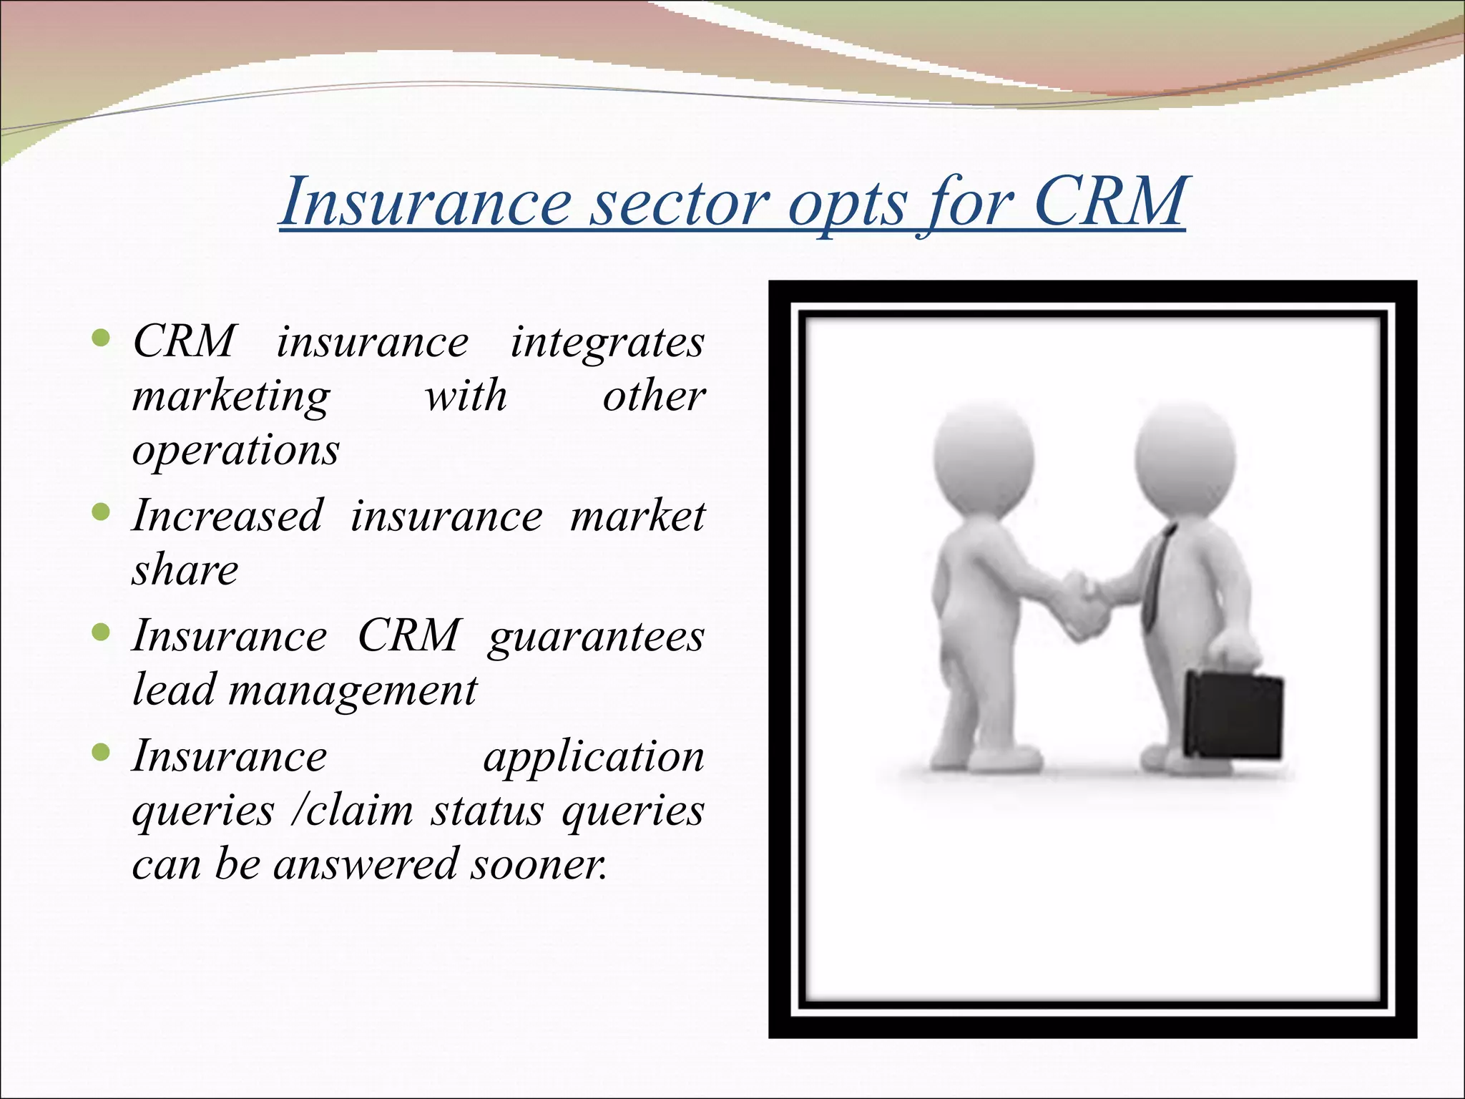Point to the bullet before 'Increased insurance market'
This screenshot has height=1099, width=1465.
(102, 512)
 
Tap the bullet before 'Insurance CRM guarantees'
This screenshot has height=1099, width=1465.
(102, 632)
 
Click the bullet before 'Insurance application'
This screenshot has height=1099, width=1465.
(102, 752)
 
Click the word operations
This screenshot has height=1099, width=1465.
(236, 451)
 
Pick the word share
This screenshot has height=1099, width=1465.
(185, 570)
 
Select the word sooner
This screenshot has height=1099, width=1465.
(539, 864)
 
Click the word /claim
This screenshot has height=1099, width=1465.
(352, 811)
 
